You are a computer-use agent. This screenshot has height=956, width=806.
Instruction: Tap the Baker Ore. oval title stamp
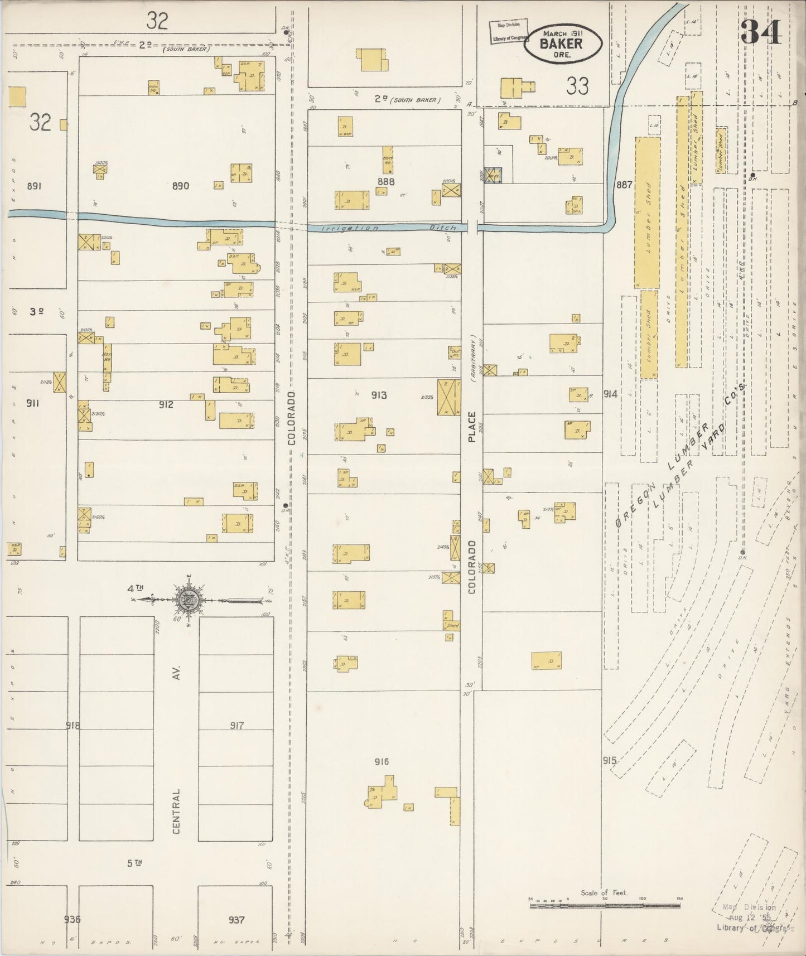[562, 43]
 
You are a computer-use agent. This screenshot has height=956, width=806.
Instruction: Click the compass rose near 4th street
[190, 600]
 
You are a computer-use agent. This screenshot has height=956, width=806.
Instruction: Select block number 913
[379, 395]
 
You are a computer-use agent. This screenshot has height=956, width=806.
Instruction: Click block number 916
[382, 761]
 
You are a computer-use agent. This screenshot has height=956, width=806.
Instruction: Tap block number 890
[180, 186]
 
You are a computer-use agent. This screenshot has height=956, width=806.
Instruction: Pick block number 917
[237, 725]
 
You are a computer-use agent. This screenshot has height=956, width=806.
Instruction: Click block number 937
[237, 919]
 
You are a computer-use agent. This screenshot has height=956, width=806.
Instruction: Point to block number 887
[624, 185]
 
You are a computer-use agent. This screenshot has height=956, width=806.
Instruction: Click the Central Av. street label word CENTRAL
[176, 811]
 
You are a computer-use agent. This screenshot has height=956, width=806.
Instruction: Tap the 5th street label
[134, 863]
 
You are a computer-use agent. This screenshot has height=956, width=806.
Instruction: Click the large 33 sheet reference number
[577, 86]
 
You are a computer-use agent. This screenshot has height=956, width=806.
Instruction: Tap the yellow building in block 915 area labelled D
[546, 660]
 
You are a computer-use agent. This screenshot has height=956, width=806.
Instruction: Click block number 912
[166, 404]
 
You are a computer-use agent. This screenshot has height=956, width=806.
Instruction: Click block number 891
[34, 186]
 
